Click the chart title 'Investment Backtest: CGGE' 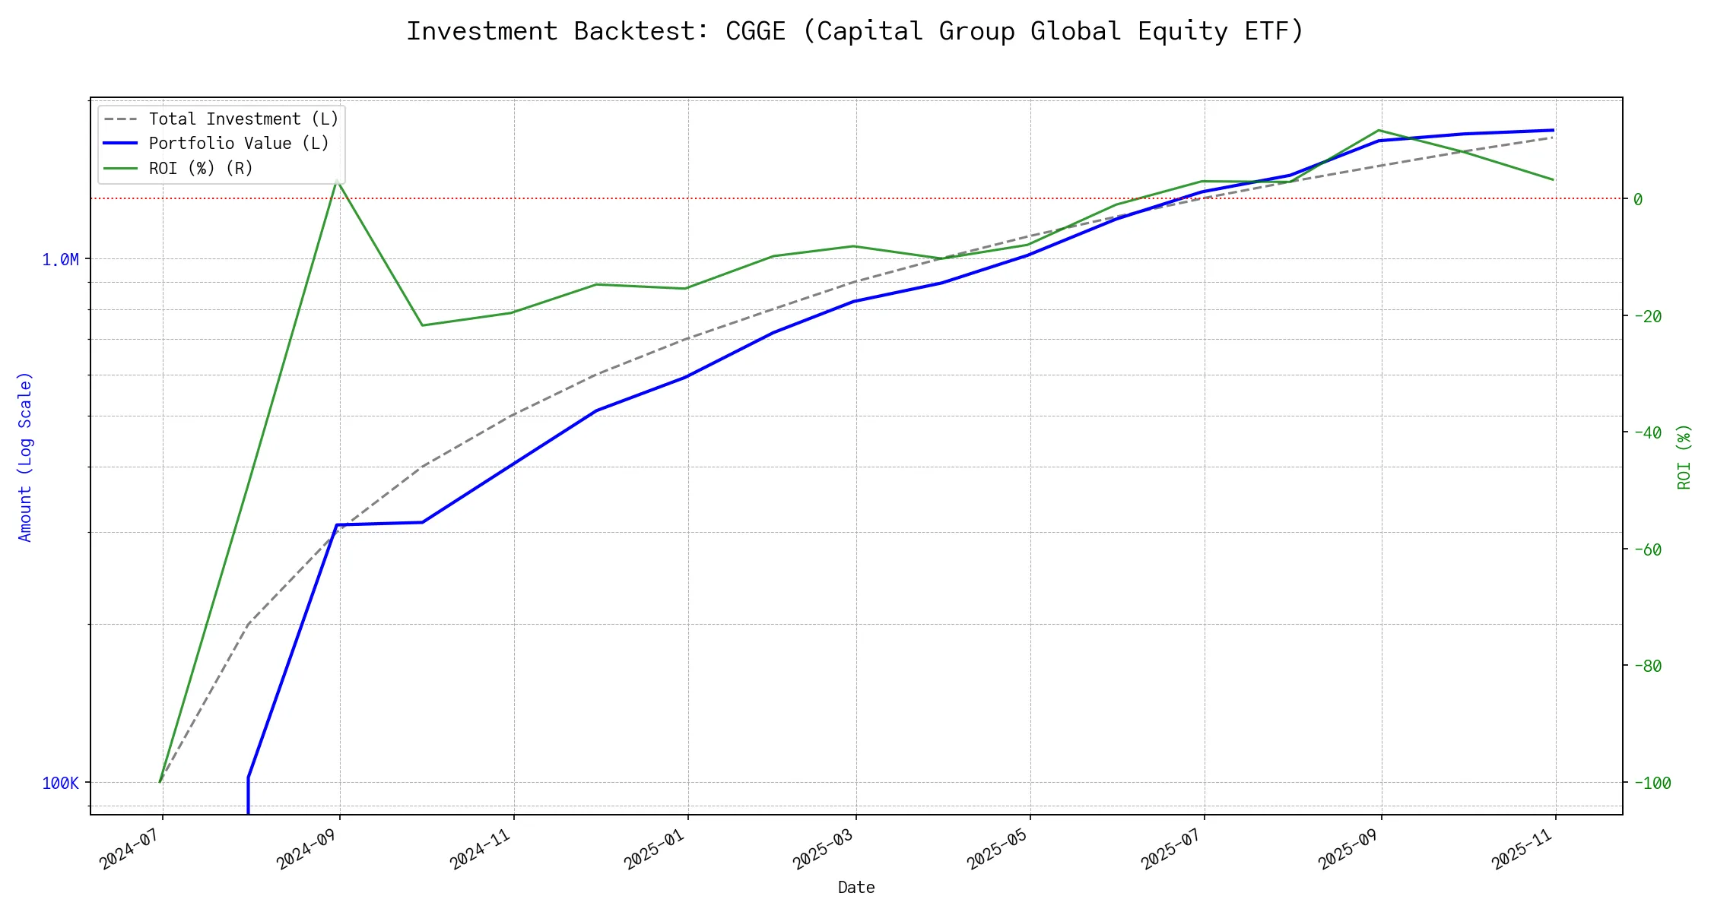tap(855, 31)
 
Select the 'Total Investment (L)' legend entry tap(243, 119)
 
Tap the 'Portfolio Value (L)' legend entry tap(239, 144)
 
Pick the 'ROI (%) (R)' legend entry tap(201, 168)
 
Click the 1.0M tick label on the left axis tap(60, 260)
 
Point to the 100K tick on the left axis tap(60, 783)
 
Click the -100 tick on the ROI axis tap(1652, 783)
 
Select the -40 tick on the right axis tap(1647, 432)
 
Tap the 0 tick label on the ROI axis tap(1638, 199)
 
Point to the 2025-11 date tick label tap(1523, 847)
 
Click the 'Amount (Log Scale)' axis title tap(26, 456)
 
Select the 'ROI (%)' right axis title tap(1684, 456)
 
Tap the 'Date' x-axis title tap(856, 888)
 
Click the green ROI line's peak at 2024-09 tap(336, 181)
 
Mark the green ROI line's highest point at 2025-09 tap(1379, 130)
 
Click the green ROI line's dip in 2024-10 tap(422, 325)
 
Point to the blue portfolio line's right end tap(1553, 130)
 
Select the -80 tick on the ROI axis tap(1647, 666)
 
